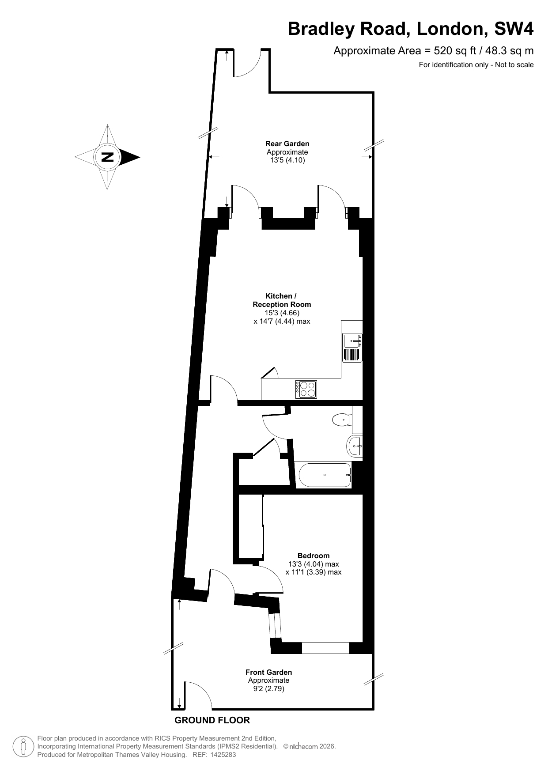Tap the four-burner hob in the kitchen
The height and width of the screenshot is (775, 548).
(307, 389)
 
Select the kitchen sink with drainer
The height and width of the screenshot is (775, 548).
(352, 348)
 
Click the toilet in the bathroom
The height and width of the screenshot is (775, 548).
(341, 420)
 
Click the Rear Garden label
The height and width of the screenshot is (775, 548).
(287, 144)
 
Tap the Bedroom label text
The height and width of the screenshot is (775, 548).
(314, 556)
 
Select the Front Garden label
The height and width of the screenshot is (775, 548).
(269, 672)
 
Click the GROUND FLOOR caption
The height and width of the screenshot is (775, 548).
(212, 720)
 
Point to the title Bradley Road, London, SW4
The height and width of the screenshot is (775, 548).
(411, 29)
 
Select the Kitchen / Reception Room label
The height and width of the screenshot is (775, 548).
(282, 300)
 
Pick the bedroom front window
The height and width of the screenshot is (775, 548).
(325, 648)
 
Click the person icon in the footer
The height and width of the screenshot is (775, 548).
(23, 747)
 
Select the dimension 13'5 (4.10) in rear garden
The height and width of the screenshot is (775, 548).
(287, 160)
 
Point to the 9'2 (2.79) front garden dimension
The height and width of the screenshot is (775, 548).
(269, 688)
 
